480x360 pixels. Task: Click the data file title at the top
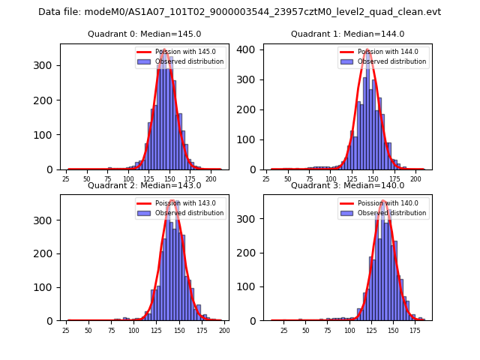[239, 12]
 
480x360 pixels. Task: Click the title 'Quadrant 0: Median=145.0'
[144, 34]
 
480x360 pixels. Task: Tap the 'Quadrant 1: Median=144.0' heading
[347, 34]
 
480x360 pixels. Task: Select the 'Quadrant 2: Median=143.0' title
[144, 185]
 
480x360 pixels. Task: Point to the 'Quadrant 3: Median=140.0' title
[347, 185]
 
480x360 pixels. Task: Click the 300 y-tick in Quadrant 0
[47, 65]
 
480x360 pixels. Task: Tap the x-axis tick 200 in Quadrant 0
[211, 179]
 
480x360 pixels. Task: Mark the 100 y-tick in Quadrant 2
[47, 287]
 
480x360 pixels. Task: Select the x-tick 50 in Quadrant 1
[289, 179]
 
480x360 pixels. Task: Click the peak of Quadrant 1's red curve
[367, 50]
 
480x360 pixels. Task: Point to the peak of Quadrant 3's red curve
[382, 201]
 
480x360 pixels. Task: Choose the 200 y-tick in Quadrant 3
[250, 253]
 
